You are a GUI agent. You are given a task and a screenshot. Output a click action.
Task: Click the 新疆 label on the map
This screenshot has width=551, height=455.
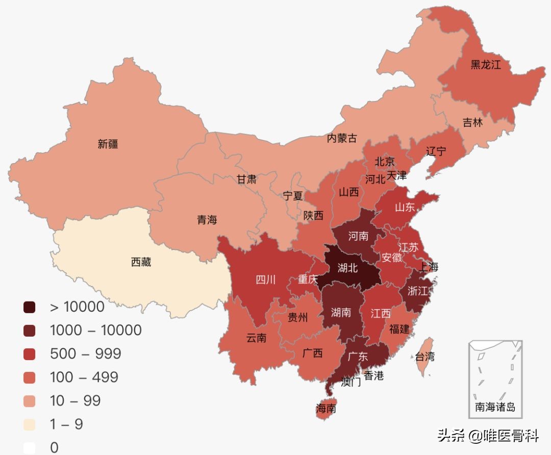coord(108,144)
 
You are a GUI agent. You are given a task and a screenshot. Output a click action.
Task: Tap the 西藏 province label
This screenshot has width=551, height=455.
coord(141,263)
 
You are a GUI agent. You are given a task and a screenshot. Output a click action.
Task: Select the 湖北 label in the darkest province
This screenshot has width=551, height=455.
coord(348,268)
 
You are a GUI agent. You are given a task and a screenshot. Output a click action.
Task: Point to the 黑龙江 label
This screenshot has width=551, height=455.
coord(486,65)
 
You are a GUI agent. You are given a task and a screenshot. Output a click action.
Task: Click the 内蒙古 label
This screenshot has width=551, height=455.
coord(342,138)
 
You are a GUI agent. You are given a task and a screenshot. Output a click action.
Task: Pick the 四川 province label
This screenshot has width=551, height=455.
coord(265,280)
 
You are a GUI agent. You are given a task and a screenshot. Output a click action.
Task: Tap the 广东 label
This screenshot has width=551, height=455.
coord(358,357)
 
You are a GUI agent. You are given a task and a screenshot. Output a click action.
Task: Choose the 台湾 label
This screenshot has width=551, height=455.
coord(424,357)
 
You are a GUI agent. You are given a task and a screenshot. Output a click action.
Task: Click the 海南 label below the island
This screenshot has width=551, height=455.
coord(326,408)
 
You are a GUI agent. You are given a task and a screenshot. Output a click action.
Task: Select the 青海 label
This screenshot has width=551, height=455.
coord(207,220)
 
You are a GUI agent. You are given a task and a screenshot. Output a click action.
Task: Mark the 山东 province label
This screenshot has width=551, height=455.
coord(405,207)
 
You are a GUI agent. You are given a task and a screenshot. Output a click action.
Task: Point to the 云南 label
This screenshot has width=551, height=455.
coord(256,338)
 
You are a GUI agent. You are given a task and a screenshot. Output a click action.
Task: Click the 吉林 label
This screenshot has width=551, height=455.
coord(472,123)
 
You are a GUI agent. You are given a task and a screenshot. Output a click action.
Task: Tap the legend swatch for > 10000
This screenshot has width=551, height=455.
coord(30,307)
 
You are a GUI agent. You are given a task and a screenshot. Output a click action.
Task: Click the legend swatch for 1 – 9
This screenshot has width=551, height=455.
coord(30,424)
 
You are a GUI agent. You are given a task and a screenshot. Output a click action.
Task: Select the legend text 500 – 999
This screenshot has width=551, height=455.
coord(85,353)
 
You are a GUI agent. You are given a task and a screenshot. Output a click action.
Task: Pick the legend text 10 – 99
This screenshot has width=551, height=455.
coord(75,400)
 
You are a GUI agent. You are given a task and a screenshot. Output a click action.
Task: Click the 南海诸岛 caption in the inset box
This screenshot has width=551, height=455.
coord(495,407)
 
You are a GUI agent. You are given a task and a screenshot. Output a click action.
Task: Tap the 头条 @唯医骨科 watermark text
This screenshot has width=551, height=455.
coord(488,436)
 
